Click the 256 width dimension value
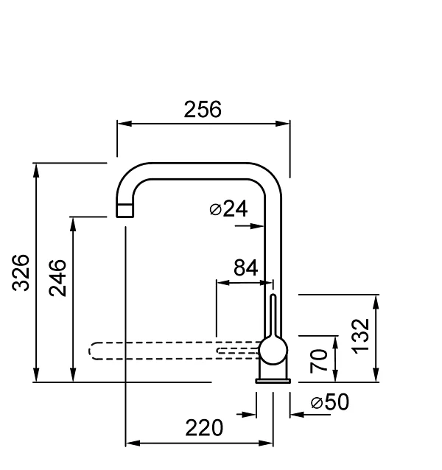[x=202, y=110]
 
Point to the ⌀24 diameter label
[x=228, y=209]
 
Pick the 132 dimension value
[x=360, y=336]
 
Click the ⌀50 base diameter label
[x=329, y=402]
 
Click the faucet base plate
[x=273, y=380]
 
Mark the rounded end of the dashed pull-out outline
[x=93, y=351]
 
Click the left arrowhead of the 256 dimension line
[x=124, y=124]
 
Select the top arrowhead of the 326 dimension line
[x=35, y=170]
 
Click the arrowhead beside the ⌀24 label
[x=258, y=226]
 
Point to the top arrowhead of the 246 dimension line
[x=72, y=223]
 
